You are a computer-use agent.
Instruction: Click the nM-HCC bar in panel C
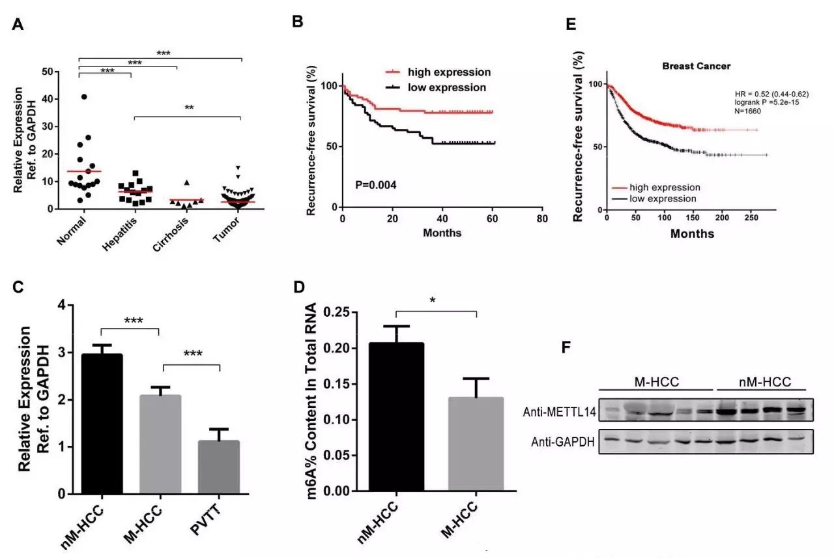tap(101, 424)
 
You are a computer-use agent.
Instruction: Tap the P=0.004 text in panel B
tap(376, 185)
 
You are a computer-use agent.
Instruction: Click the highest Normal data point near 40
tap(84, 97)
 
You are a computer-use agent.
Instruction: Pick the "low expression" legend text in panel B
tap(447, 87)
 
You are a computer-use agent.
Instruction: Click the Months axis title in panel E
tap(692, 233)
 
